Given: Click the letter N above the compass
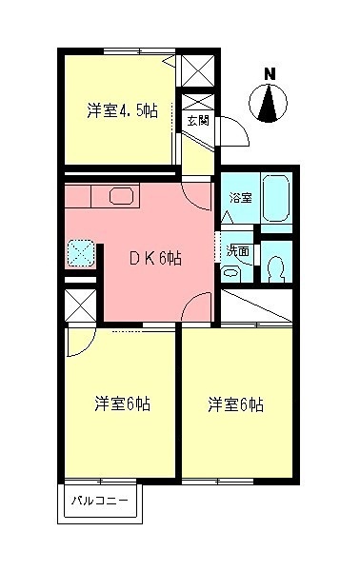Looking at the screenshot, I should [270, 73].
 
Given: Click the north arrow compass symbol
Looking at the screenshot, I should [270, 104].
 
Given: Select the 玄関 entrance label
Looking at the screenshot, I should [198, 121].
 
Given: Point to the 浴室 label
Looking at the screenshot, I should [241, 198].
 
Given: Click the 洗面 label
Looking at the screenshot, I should [237, 252].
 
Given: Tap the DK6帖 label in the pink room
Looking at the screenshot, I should [156, 257].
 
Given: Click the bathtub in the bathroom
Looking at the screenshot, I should [276, 198].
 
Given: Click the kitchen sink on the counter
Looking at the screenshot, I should [123, 197].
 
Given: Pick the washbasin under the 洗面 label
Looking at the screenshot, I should [230, 270].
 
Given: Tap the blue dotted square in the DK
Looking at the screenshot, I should [81, 251].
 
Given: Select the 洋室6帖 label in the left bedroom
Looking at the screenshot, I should [121, 404].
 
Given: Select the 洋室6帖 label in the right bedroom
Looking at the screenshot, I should [236, 404].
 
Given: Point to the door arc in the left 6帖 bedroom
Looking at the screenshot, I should [80, 343].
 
